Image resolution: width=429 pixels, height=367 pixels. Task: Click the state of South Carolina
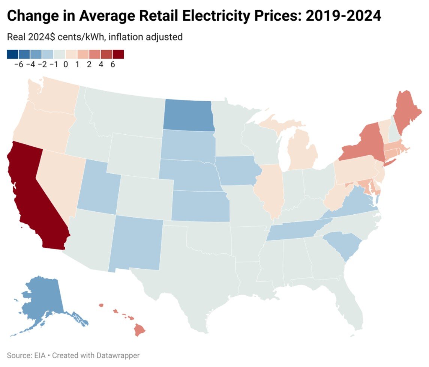341,244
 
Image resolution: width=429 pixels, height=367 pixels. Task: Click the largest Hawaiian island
140,330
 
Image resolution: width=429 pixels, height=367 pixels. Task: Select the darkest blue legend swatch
12,54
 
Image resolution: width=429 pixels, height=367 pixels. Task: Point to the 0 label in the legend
66,65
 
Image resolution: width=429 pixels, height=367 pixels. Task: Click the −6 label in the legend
18,65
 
